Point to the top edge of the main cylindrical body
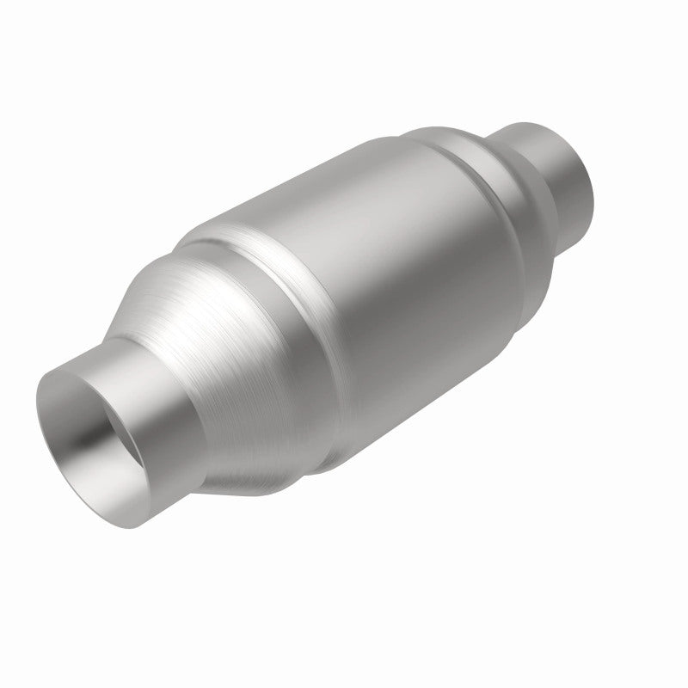344,168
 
